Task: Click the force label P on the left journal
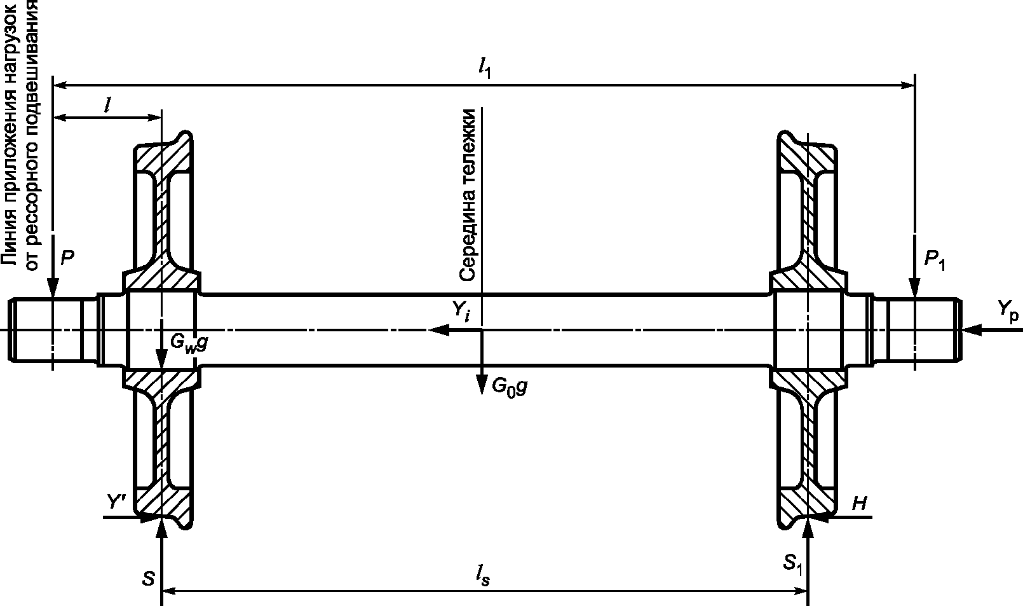(x=68, y=258)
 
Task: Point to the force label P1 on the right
(x=934, y=259)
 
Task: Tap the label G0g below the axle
(x=510, y=387)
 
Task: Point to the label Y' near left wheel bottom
(x=119, y=502)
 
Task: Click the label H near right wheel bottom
(x=859, y=504)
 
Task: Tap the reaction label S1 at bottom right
(x=792, y=562)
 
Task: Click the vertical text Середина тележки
(x=468, y=195)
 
